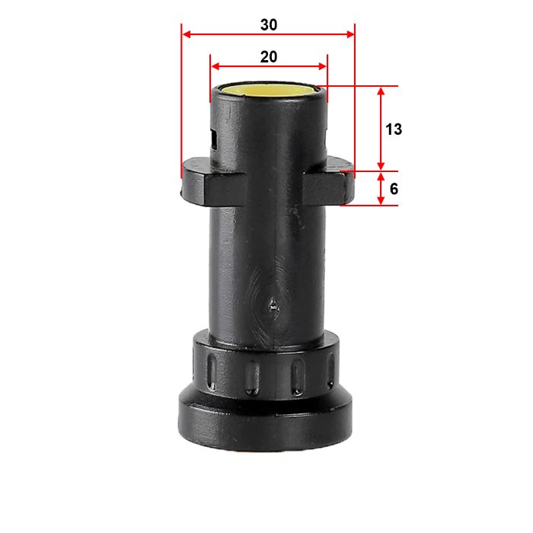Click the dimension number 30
[268, 24]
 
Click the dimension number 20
[268, 56]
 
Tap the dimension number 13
[393, 129]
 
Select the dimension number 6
[393, 188]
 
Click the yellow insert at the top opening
[268, 88]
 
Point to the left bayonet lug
[199, 184]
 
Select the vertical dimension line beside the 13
[382, 129]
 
